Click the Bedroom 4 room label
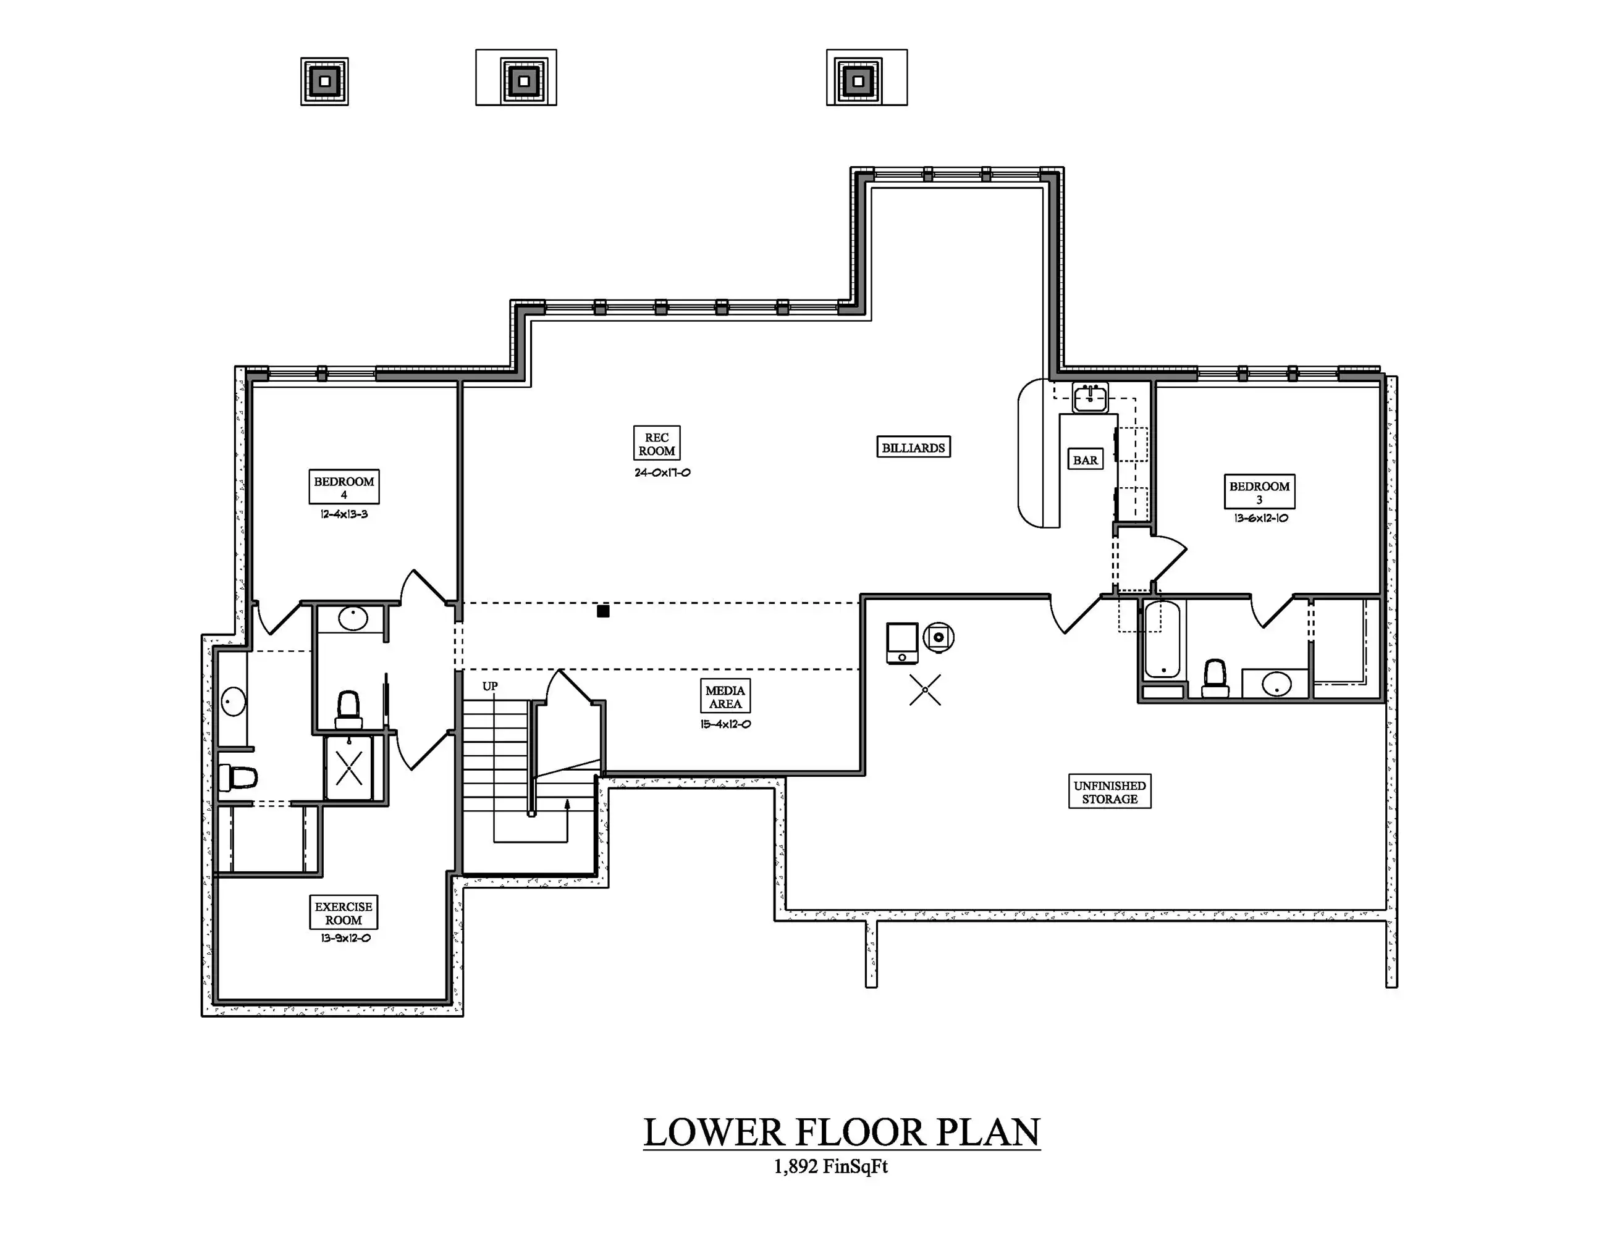[344, 487]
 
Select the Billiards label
[914, 447]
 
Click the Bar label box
[1085, 459]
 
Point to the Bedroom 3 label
[1259, 492]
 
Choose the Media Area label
[725, 697]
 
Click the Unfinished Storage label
[1110, 792]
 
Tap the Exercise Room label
[344, 912]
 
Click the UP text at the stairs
[490, 686]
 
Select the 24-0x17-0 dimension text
[662, 472]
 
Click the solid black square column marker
[603, 611]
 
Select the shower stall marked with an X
[349, 768]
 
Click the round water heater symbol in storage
[939, 637]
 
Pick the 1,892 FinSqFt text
[830, 1166]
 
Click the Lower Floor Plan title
[842, 1132]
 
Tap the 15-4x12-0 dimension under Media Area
[725, 724]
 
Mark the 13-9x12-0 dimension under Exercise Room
[345, 938]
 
